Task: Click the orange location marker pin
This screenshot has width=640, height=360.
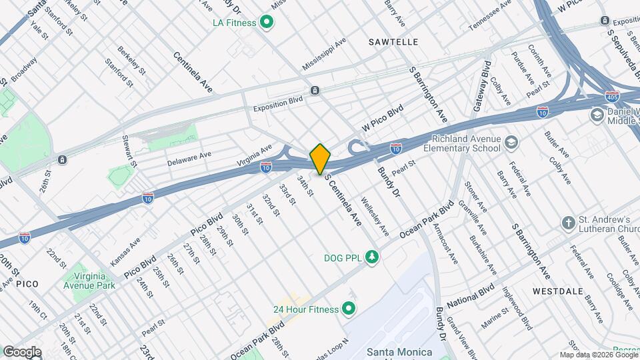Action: [x=320, y=159]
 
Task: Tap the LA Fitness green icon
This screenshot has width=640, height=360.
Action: [x=267, y=23]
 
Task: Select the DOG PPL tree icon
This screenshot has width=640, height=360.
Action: [x=372, y=257]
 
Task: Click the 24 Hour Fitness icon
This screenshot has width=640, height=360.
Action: [x=347, y=309]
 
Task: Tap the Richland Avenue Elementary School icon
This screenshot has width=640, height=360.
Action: [x=511, y=142]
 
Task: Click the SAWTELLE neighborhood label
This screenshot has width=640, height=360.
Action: [x=393, y=42]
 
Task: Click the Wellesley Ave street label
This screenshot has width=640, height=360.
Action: [x=375, y=216]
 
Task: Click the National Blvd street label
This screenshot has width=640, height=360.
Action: [x=470, y=293]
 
